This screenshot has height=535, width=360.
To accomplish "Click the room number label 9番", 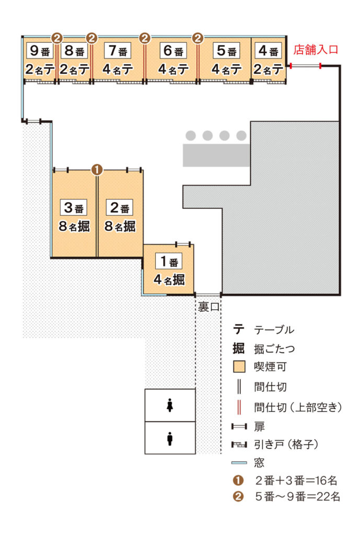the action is coord(40,51).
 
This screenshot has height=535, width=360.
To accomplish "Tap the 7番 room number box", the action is coord(118,51).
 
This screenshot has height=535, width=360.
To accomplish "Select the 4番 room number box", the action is coord(268,51).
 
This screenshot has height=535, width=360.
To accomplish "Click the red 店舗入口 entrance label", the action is coord(316,50).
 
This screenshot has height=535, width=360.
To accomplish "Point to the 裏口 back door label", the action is coord(209,307).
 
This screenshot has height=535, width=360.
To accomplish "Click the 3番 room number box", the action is coord(73,207).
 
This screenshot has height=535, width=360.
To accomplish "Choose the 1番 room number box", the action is coord(169,261).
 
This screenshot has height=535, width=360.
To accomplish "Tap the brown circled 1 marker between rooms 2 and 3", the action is coord(97,170).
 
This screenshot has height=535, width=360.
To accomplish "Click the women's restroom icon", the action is coord(170,405).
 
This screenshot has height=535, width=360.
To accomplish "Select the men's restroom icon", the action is coord(170,438).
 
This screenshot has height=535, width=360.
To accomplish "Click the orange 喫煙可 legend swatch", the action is coord(239,367).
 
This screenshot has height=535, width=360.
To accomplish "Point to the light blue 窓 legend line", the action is coord(239,463).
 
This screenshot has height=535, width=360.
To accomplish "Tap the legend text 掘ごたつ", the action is coord(274,348).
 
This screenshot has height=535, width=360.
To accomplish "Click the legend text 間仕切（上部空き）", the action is coord(298,406).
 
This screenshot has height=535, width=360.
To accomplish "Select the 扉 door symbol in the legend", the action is coord(239,426).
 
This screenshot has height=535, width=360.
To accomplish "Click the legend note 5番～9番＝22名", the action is coord(297,496).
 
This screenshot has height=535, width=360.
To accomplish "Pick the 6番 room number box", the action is coord(173,51).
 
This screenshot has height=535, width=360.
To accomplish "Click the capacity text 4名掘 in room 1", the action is coord(169,280).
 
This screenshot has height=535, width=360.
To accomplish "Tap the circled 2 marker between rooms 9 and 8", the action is coord(57,38).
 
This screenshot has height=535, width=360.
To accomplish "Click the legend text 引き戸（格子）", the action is coord(286,444).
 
